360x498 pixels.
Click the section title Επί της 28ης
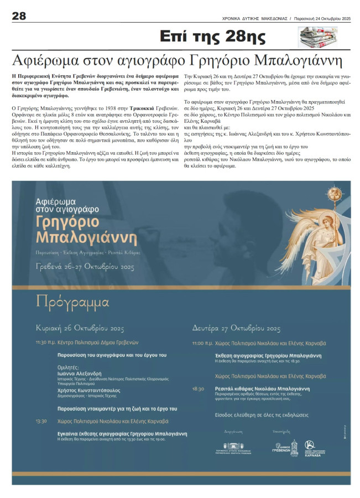click(x=212, y=38)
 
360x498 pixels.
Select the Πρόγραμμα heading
click(x=65, y=302)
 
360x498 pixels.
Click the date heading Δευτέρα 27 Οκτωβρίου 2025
click(x=237, y=327)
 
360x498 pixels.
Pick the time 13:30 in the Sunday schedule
click(x=41, y=421)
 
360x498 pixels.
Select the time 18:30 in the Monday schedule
click(x=198, y=389)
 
